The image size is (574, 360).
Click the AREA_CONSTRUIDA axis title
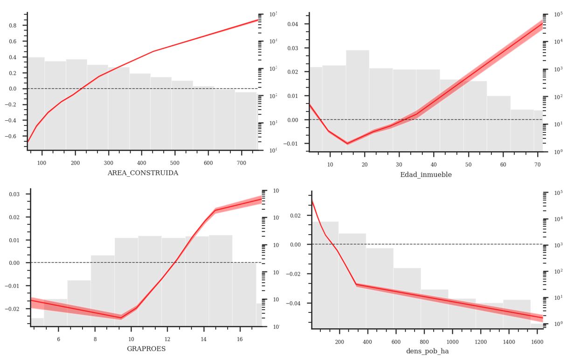click(x=143, y=173)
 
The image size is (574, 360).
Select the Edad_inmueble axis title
click(x=426, y=175)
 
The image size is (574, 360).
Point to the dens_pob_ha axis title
click(x=427, y=351)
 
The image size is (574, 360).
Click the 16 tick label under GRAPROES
click(x=240, y=339)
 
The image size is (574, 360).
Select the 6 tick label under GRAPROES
click(x=59, y=339)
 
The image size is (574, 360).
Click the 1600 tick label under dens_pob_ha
click(x=537, y=341)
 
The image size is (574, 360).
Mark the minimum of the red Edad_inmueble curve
click(x=347, y=143)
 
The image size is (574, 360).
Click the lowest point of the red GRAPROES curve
click(x=121, y=318)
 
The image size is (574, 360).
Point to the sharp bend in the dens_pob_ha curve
click(x=356, y=284)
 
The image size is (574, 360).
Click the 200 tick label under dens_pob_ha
click(x=339, y=341)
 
